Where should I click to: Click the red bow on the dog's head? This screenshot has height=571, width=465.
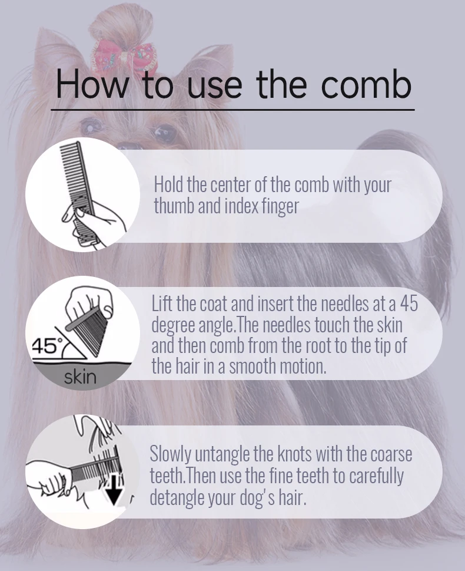point(124,58)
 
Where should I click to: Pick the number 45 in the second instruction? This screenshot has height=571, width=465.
point(408,304)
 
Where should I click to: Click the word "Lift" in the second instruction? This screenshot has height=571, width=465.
point(162,303)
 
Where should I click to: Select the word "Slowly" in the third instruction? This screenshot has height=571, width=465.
point(171,455)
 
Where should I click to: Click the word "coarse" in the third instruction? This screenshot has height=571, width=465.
point(391,455)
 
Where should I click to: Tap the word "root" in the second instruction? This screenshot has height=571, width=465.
point(319,345)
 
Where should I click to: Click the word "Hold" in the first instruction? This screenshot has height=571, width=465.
point(169,184)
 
